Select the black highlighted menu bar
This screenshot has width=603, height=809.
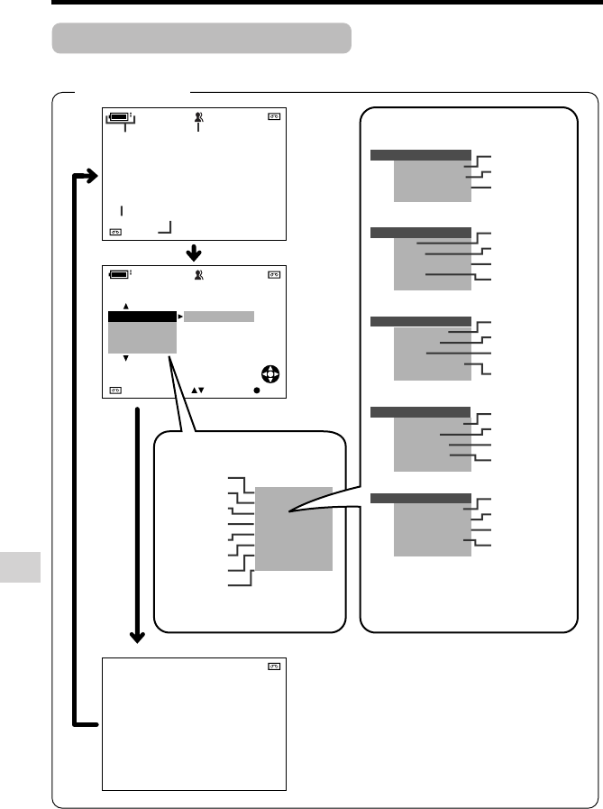pyautogui.click(x=142, y=317)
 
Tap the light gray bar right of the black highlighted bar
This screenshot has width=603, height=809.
pyautogui.click(x=219, y=317)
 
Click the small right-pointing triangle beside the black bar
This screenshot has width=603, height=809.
pyautogui.click(x=179, y=317)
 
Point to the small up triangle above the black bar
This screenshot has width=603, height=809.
pyautogui.click(x=126, y=306)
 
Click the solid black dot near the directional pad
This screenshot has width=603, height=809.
pyautogui.click(x=256, y=391)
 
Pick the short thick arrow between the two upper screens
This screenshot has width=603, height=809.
pyautogui.click(x=195, y=250)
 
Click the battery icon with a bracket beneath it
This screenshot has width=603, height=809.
pyautogui.click(x=119, y=117)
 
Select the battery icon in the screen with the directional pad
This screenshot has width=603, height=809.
pyautogui.click(x=119, y=274)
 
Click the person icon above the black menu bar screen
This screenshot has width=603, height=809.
pyautogui.click(x=197, y=274)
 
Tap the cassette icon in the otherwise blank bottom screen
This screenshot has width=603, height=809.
pyautogui.click(x=274, y=667)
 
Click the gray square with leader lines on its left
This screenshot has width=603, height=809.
pyautogui.click(x=294, y=529)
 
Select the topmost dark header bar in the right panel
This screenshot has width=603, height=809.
pyautogui.click(x=420, y=155)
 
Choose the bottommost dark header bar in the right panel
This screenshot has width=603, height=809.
pyautogui.click(x=420, y=497)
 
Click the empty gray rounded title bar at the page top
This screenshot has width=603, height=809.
pyautogui.click(x=201, y=39)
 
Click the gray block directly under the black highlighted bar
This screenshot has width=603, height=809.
pyautogui.click(x=142, y=337)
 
